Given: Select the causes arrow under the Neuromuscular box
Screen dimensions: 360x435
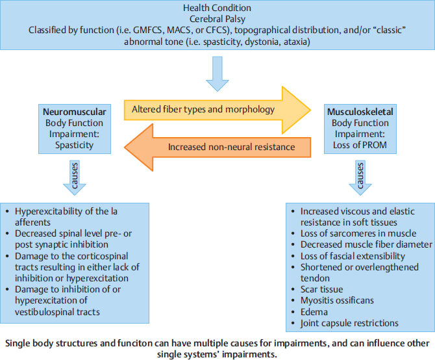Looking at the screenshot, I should (74, 177).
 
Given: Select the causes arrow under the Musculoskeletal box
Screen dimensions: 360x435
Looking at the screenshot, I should (361, 177).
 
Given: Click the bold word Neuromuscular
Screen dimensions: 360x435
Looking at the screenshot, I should (74, 111).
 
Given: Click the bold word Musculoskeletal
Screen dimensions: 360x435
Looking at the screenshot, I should (361, 111).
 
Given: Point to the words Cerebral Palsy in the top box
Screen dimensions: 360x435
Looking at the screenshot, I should (217, 19).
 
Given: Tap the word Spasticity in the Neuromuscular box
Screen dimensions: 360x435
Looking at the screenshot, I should (74, 145).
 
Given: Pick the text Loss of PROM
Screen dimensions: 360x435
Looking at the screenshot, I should (361, 145).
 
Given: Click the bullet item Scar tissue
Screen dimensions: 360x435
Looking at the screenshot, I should (322, 289).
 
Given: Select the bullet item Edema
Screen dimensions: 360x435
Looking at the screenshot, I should (314, 311).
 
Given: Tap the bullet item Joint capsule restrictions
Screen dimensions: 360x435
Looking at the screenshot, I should (349, 323).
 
